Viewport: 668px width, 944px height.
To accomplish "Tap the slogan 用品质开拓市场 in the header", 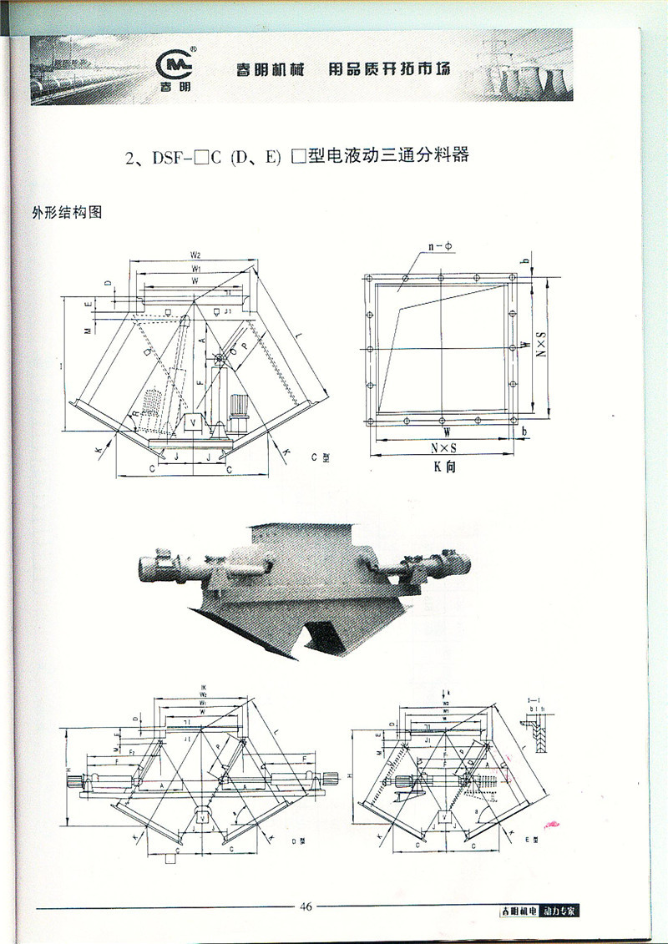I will coord(388,69).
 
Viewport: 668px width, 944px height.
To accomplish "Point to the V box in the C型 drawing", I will coord(194,422).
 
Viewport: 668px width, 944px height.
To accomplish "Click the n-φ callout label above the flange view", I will coord(439,246).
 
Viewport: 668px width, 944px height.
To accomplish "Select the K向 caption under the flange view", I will coord(444,468).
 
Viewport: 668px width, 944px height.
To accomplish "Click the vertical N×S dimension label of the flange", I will coord(539,344).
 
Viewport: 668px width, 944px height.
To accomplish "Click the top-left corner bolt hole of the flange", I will coord(368,280).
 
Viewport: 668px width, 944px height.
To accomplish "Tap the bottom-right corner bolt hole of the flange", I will coord(514,419).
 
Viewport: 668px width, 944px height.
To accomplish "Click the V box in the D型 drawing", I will coord(200,815).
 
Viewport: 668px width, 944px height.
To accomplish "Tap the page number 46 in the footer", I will coord(306,907).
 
